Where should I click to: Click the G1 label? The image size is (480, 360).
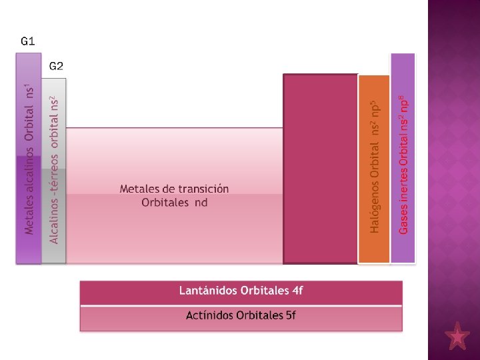pyautogui.click(x=28, y=41)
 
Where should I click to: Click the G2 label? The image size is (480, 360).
pyautogui.click(x=56, y=66)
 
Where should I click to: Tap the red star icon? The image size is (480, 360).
pyautogui.click(x=457, y=337)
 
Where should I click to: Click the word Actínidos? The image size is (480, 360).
pyautogui.click(x=209, y=315)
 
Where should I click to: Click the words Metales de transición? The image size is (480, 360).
pyautogui.click(x=174, y=189)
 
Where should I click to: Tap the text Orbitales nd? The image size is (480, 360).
pyautogui.click(x=174, y=203)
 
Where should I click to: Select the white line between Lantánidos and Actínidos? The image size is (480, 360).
pyautogui.click(x=241, y=305)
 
